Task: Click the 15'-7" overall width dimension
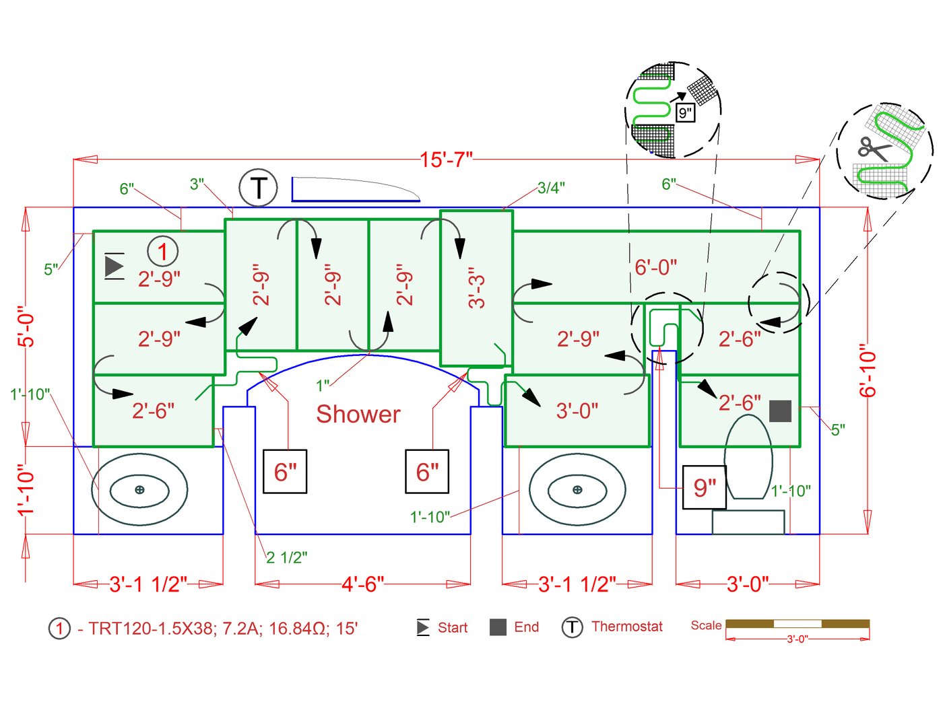(x=446, y=160)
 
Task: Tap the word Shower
(x=358, y=414)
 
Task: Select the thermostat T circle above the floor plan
(x=258, y=188)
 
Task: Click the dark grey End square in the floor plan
(x=780, y=411)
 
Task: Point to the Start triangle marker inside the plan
(x=115, y=266)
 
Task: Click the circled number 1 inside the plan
(x=162, y=252)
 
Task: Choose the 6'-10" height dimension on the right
(x=868, y=371)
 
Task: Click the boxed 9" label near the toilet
(x=705, y=487)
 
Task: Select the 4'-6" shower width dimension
(x=362, y=584)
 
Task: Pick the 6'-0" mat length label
(x=655, y=267)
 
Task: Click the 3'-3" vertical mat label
(x=476, y=287)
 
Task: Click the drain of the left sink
(x=139, y=489)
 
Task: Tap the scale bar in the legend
(x=798, y=624)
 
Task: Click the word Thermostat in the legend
(x=626, y=627)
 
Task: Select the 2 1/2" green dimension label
(x=286, y=557)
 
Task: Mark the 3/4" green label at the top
(x=551, y=188)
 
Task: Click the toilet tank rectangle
(x=748, y=522)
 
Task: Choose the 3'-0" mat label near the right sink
(x=577, y=410)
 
